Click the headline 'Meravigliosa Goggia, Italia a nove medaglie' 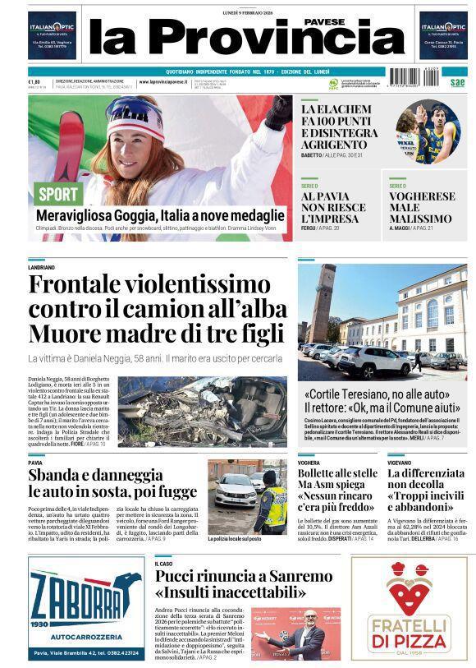click(160, 215)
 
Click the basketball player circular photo click(428, 131)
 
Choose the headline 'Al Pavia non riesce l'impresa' click(330, 208)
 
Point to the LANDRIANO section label click(42, 268)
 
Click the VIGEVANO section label click(402, 463)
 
